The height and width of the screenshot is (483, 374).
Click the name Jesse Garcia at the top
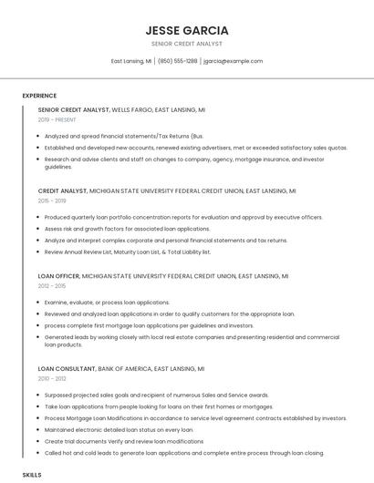186,30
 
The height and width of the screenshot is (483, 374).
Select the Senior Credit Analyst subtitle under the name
186,44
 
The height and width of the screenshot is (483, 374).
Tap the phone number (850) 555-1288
177,61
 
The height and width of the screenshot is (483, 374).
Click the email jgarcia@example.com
233,61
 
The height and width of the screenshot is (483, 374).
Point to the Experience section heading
39,96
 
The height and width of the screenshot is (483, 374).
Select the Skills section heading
32,475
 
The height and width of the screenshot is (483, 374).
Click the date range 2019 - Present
57,119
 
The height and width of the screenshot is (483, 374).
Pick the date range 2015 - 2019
52,200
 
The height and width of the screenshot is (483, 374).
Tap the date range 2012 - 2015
52,285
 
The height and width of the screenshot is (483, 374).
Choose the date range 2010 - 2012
52,378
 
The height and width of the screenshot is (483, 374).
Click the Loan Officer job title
58,275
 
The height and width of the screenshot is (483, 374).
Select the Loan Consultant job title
67,368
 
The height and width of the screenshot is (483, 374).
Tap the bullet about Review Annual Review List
128,252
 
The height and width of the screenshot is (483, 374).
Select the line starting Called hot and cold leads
183,453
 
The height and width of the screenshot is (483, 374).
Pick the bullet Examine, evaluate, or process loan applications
107,302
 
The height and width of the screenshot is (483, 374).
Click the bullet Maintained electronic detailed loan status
119,429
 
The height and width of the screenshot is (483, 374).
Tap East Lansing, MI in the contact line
130,61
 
